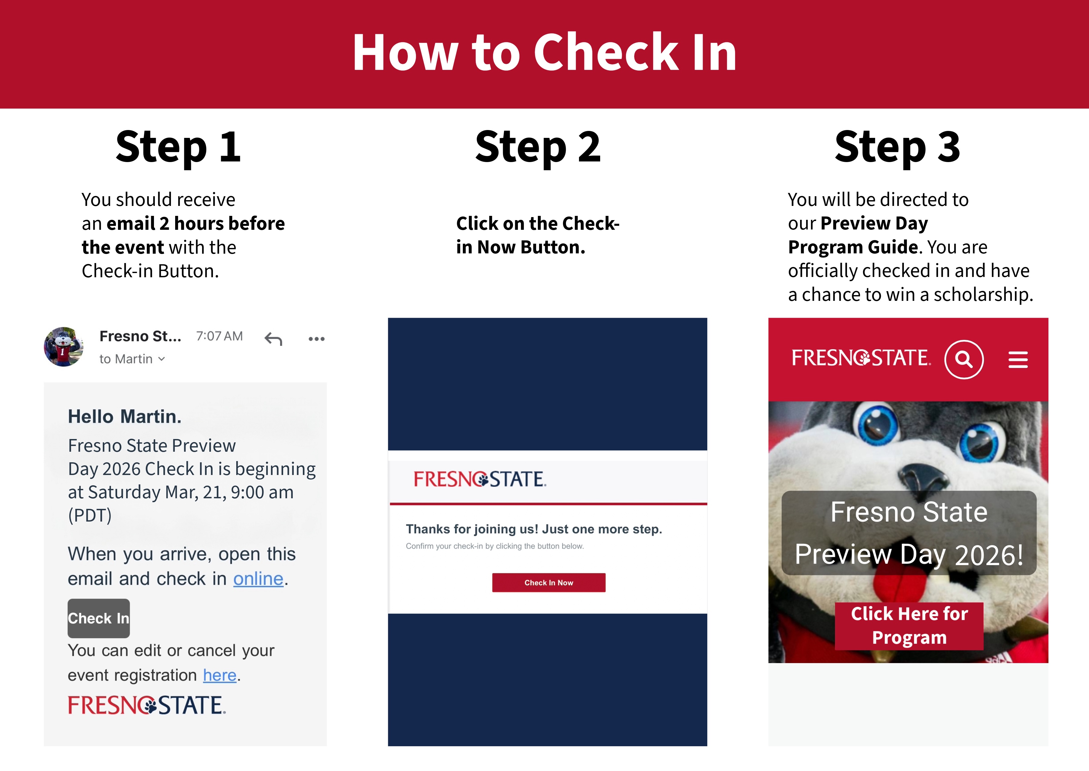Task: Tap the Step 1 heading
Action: [x=178, y=147]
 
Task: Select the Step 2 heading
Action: [x=538, y=147]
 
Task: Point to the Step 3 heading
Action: [x=898, y=147]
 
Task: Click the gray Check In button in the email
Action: [x=98, y=618]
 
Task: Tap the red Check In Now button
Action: [x=548, y=583]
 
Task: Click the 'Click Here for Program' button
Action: [x=909, y=626]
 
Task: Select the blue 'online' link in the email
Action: [x=258, y=579]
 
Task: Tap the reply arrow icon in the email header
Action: [x=273, y=339]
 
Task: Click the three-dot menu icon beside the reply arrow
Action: [x=316, y=339]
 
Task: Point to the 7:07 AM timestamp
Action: [x=219, y=336]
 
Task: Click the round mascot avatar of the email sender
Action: [x=64, y=346]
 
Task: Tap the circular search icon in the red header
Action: [x=964, y=359]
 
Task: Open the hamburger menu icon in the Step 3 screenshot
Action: [x=1018, y=359]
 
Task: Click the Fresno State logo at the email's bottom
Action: [x=147, y=705]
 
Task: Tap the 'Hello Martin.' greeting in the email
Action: [x=124, y=416]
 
